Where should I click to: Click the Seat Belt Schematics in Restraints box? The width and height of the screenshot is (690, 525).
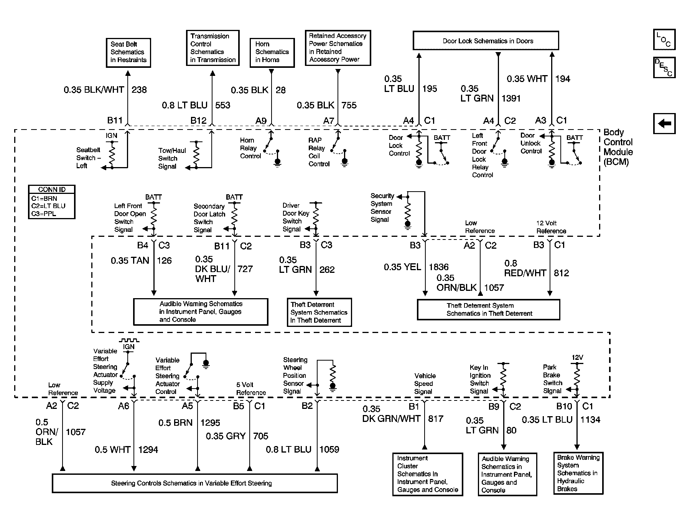coord(128,52)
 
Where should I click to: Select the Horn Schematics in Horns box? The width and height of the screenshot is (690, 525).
coord(272,52)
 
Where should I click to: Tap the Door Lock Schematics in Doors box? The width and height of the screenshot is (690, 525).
coord(486,41)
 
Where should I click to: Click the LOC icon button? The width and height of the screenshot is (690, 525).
coord(664,40)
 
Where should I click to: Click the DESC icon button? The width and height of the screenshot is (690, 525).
coord(664,67)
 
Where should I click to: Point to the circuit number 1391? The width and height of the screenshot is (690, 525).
coord(511,98)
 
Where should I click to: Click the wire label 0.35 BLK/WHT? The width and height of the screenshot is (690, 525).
coord(94,90)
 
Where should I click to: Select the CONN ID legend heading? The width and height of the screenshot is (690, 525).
coord(52,189)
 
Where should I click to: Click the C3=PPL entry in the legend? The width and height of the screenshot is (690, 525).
coord(44,213)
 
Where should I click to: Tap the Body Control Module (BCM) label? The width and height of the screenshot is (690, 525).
coord(618,147)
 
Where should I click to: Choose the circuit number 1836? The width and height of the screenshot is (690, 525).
coord(438,267)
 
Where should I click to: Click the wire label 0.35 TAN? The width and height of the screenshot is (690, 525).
coord(130,261)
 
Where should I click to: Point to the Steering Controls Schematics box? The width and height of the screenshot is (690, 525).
coord(194,483)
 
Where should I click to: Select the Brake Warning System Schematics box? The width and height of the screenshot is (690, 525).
coord(578,473)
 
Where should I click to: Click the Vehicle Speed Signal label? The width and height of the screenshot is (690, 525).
coord(424,384)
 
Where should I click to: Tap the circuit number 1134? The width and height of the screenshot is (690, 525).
coord(590,420)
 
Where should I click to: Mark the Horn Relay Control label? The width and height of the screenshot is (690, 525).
coord(250,148)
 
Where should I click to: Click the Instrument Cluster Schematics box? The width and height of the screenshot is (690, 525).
coord(427,474)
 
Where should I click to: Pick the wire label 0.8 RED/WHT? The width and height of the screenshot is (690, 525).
coord(525,268)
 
